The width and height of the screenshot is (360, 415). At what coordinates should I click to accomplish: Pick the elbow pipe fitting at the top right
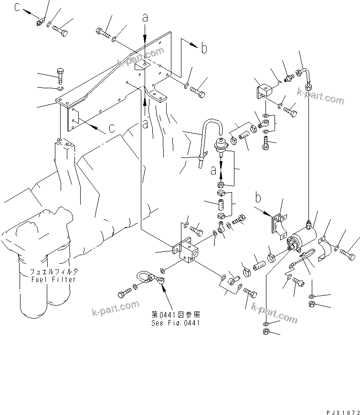(x=303, y=72)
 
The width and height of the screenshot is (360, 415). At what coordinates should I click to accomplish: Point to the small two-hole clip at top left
(x=40, y=21)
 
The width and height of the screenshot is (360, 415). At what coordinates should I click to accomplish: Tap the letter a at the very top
(x=145, y=18)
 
